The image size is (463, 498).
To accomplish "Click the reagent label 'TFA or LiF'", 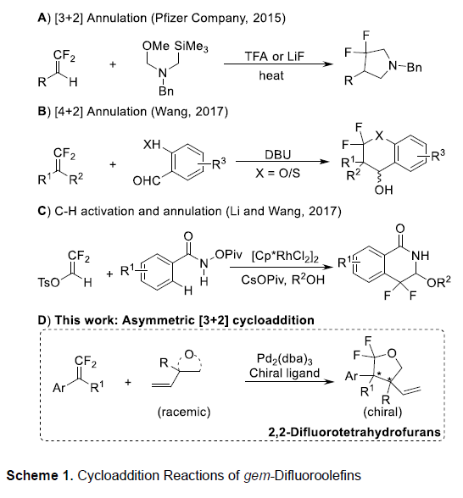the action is click(x=275, y=57).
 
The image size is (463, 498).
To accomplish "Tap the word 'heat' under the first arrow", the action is click(x=271, y=75).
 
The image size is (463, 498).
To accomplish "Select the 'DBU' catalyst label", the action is click(x=277, y=154).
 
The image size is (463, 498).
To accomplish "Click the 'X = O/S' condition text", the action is click(x=277, y=174).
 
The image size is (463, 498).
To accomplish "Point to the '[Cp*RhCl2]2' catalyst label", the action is click(x=285, y=257).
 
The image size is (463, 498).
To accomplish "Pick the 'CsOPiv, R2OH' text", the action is click(x=283, y=279).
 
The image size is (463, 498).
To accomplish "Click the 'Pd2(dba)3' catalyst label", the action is click(x=285, y=359).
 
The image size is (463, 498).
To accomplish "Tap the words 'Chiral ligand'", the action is click(x=284, y=373).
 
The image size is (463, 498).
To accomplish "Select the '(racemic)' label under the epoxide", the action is click(x=184, y=412).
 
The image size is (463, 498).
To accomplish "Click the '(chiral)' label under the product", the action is click(x=382, y=412).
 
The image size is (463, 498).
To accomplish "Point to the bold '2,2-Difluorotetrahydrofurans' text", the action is click(x=354, y=432).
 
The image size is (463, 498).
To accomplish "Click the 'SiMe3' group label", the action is click(x=191, y=47).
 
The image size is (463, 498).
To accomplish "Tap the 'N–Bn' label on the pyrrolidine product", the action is click(x=405, y=67).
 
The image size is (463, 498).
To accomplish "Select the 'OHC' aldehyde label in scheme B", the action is click(x=146, y=180).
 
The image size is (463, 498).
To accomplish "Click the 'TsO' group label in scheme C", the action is click(x=48, y=282).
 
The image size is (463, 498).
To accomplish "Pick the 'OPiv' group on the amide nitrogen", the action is click(x=228, y=254).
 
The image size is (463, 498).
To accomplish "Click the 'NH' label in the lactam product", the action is click(x=420, y=256).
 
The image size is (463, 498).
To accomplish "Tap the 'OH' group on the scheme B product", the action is click(x=383, y=190).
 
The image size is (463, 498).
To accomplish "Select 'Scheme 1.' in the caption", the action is click(x=40, y=475).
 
